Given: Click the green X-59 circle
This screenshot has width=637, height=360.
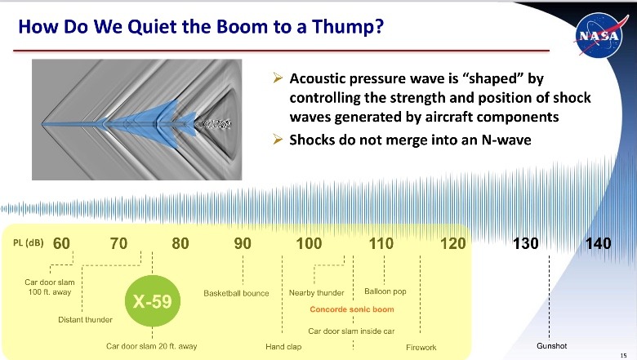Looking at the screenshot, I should [x=153, y=301].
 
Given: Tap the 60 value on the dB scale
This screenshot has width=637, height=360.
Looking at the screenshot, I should [x=63, y=243].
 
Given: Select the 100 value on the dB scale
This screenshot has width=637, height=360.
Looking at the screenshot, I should [x=309, y=243].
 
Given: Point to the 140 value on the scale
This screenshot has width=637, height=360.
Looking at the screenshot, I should [x=599, y=243].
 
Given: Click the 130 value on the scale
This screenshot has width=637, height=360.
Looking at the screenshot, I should [x=527, y=243].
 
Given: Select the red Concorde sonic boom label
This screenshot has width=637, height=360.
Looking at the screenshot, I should [x=351, y=310].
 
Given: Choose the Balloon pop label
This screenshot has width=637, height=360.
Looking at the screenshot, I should [x=385, y=291].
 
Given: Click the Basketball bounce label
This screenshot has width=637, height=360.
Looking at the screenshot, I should [x=236, y=293].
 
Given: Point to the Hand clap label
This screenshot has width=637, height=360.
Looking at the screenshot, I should [x=283, y=347].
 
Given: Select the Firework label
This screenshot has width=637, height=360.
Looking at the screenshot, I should [x=421, y=347].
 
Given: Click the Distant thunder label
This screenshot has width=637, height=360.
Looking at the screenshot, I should [x=85, y=319].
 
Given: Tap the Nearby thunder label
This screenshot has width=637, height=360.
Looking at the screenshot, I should [x=317, y=293].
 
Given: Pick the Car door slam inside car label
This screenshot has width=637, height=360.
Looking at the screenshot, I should [x=351, y=331].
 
